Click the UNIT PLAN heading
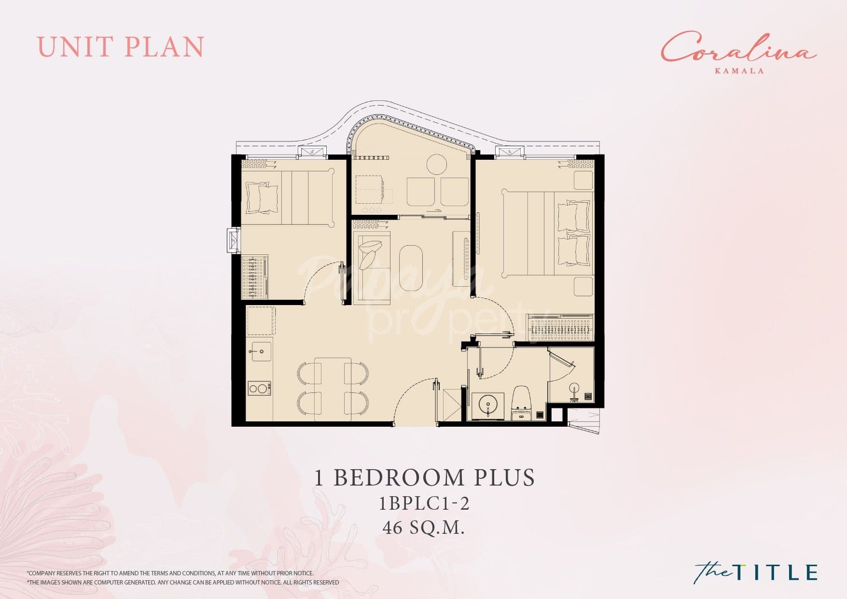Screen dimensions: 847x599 tap(121, 47)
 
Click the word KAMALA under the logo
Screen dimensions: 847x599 tap(739, 70)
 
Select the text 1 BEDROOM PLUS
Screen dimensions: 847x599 tap(424, 477)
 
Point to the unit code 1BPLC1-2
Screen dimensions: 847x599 tap(424, 503)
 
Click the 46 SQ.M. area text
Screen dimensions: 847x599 tap(423, 528)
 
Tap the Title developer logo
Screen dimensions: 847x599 tap(756, 572)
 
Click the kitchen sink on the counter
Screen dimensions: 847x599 tap(260, 351)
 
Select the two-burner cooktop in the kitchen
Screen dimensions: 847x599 tap(259, 388)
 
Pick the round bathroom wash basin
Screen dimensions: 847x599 tap(487, 404)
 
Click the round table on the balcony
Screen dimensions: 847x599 tap(437, 165)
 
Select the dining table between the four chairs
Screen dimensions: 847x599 tap(333, 386)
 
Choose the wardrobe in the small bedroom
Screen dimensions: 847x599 tap(255, 277)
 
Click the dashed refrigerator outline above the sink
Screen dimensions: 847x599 tap(261, 321)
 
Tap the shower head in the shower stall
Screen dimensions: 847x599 tap(574, 389)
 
